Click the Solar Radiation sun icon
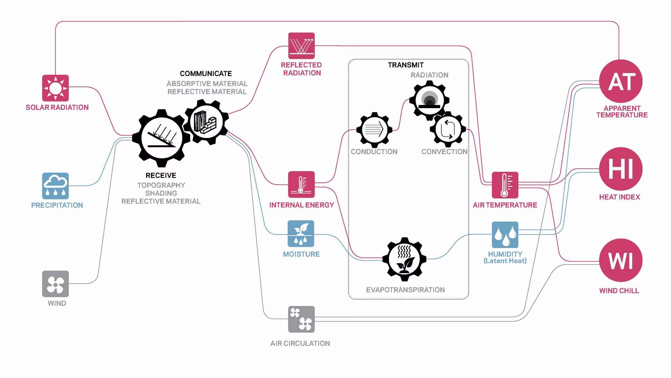pyautogui.click(x=55, y=88)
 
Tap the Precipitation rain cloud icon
pyautogui.click(x=55, y=186)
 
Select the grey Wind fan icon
pyautogui.click(x=55, y=284)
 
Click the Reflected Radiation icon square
pyautogui.click(x=301, y=46)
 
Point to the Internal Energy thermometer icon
pyautogui.click(x=301, y=184)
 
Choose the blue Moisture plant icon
pyautogui.click(x=301, y=233)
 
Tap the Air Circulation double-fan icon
pyautogui.click(x=301, y=319)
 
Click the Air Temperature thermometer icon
pyautogui.click(x=505, y=185)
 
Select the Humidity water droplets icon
pyautogui.click(x=505, y=234)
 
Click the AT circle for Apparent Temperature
pyautogui.click(x=621, y=81)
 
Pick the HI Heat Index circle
pyautogui.click(x=621, y=169)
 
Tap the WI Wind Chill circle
pyautogui.click(x=621, y=260)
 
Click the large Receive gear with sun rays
pyautogui.click(x=161, y=138)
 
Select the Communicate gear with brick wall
pyautogui.click(x=206, y=122)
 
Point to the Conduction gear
pyautogui.click(x=374, y=130)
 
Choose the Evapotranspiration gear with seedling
pyautogui.click(x=404, y=259)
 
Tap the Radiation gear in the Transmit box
pyautogui.click(x=430, y=100)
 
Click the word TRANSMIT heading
pyautogui.click(x=406, y=65)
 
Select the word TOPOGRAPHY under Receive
pyautogui.click(x=161, y=185)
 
